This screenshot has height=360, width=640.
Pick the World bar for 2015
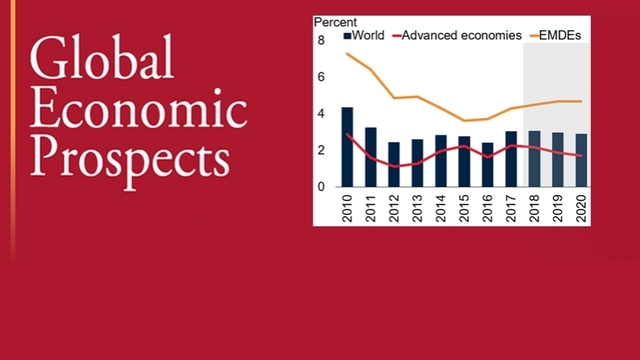pos(464,161)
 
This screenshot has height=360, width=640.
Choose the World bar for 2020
pos(581,160)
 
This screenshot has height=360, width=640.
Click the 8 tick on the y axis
pos(322,40)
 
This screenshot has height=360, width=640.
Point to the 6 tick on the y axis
pos(322,77)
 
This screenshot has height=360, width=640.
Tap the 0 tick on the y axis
pos(322,187)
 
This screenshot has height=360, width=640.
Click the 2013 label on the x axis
pos(417,206)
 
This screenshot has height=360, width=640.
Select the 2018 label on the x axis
pos(534,206)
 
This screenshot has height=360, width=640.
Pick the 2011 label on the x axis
pos(370,206)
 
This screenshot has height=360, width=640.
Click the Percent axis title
pos(336,21)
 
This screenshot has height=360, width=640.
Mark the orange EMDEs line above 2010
pos(347,53)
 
